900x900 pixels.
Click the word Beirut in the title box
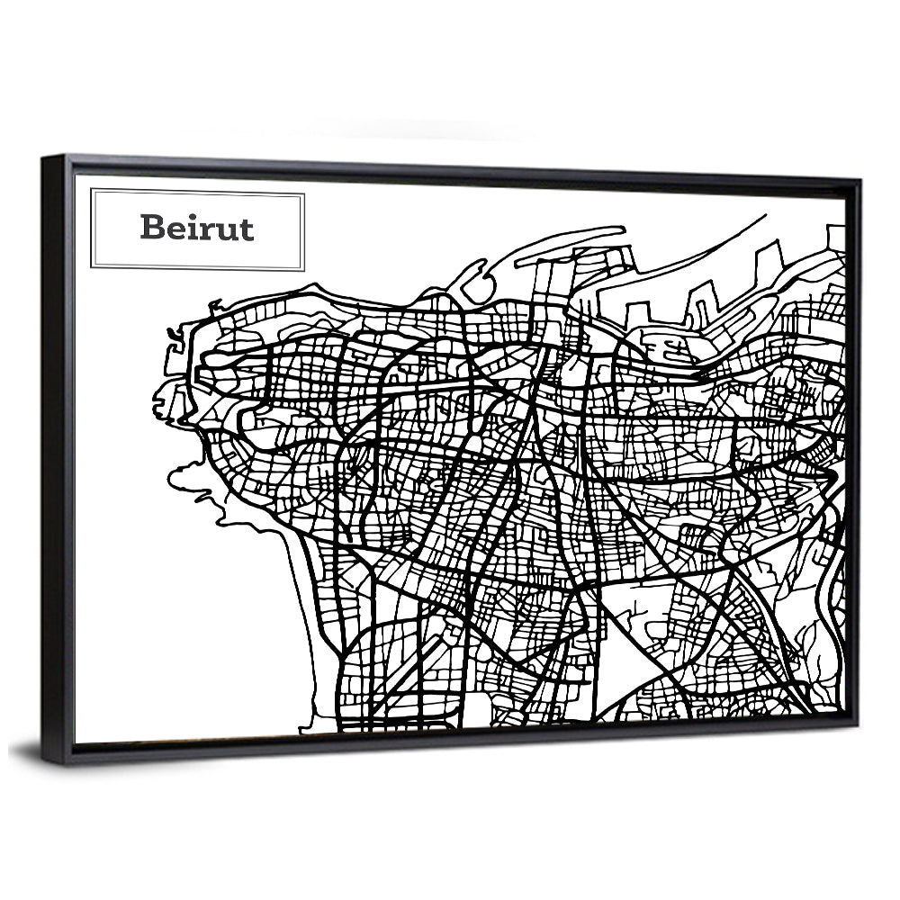[197, 228]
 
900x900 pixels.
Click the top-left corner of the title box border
[92, 190]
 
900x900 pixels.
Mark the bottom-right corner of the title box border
[303, 268]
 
